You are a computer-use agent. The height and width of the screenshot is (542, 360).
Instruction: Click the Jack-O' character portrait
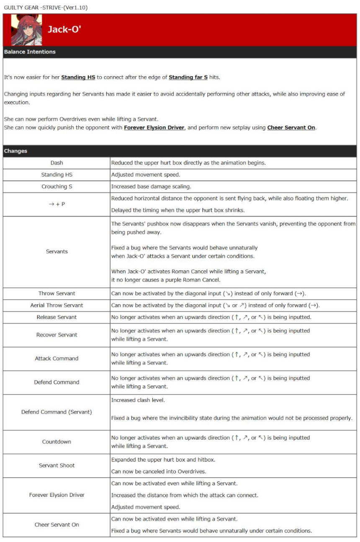(26, 30)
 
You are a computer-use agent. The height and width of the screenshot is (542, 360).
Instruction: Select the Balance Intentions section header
(30, 52)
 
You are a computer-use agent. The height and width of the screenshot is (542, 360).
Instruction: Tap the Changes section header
(15, 151)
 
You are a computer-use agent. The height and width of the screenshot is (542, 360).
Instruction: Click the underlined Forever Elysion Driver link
(154, 128)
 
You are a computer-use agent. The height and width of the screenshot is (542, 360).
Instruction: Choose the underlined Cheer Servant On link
(291, 128)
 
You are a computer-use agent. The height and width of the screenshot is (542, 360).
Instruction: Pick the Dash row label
(57, 163)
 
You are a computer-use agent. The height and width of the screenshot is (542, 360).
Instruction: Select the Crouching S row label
(57, 187)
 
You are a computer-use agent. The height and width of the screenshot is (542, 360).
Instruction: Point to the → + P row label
(57, 204)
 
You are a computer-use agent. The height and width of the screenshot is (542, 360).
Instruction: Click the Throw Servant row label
(57, 293)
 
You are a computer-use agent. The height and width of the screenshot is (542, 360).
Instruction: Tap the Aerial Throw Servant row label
(57, 305)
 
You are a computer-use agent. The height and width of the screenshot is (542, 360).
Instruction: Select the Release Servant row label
(57, 317)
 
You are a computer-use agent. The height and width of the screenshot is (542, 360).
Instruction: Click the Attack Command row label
(57, 359)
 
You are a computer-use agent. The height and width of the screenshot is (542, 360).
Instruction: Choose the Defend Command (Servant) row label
(57, 412)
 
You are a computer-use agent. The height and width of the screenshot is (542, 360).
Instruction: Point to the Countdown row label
(57, 442)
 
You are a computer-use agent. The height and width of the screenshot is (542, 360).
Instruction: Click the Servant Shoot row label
(57, 465)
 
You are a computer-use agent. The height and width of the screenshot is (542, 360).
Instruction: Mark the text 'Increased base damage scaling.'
(152, 187)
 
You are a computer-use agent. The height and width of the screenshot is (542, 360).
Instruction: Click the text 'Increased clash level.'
(138, 400)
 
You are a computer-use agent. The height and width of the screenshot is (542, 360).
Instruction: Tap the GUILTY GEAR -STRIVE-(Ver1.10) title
(46, 8)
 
